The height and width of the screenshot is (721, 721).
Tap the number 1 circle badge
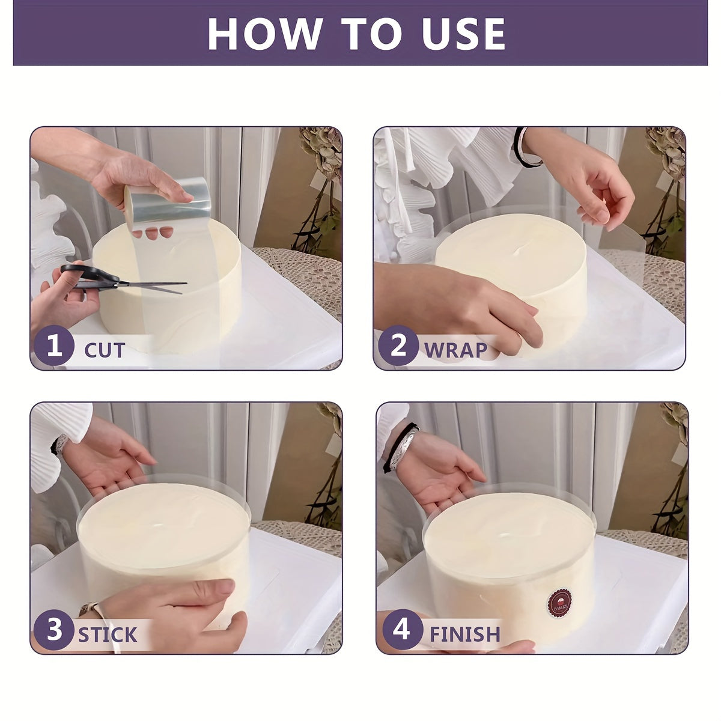pos(54,345)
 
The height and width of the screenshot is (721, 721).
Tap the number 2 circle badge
pos(398,345)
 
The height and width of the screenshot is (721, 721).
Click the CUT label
pos(105,350)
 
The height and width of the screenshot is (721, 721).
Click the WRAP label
pos(455,350)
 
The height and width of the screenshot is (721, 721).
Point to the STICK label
pos(108,634)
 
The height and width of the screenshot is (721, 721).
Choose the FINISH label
pos(465,634)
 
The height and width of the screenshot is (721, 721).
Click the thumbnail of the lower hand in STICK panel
pos(225,586)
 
